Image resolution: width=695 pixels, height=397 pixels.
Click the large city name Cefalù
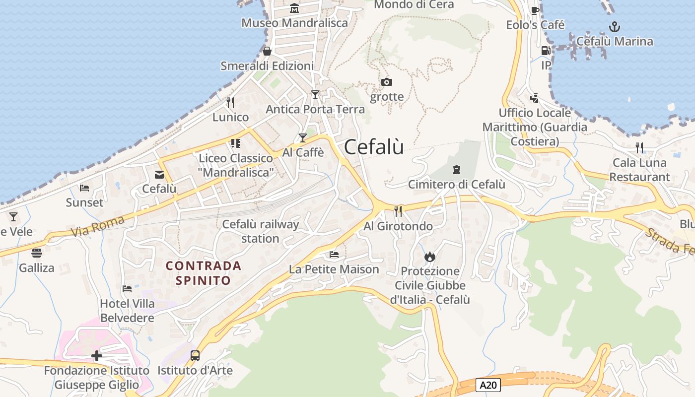tap(373, 147)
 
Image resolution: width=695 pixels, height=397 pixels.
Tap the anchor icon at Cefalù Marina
tap(615, 26)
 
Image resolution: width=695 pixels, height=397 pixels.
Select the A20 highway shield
tap(488, 385)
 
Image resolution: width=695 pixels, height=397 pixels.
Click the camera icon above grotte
tap(387, 82)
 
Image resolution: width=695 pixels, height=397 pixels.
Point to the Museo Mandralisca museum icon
tap(294, 8)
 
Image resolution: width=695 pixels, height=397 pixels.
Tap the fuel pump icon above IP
tap(546, 51)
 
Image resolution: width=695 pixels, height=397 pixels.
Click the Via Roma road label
tap(97, 225)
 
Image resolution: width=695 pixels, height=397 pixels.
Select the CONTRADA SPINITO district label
tap(204, 273)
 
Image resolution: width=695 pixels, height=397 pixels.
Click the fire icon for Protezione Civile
tap(429, 257)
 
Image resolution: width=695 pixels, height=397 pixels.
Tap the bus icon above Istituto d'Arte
tap(195, 355)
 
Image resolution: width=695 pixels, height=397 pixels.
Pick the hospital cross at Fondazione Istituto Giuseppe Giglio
tap(97, 356)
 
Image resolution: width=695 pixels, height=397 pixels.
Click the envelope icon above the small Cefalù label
tap(159, 174)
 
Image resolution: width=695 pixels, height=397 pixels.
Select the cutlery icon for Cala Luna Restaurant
tap(639, 147)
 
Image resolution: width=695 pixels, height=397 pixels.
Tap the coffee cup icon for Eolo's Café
tap(535, 10)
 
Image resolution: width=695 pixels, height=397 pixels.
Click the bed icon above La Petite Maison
tap(334, 255)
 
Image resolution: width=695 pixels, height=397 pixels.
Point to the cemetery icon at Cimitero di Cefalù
tap(456, 170)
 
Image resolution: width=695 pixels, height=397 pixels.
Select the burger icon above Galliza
tap(37, 253)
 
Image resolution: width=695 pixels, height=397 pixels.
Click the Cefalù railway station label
tap(260, 231)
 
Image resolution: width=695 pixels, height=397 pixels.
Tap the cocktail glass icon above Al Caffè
tap(303, 137)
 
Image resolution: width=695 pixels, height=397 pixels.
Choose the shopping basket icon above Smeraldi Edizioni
tap(267, 51)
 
